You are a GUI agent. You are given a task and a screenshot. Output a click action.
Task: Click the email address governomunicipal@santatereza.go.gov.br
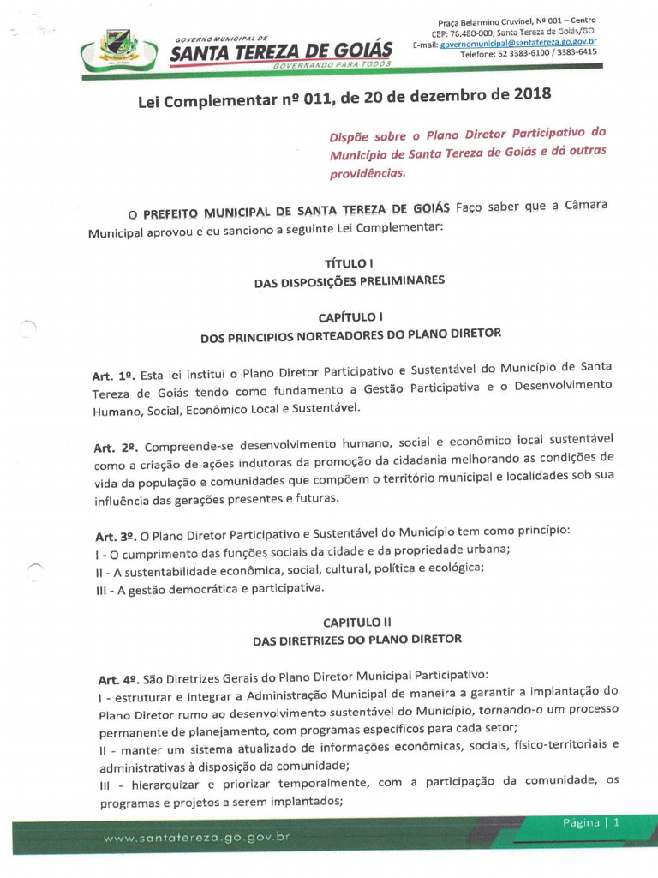[518, 43]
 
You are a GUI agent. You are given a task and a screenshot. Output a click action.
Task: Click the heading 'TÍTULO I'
[348, 263]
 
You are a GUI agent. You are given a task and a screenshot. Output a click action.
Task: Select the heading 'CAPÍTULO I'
[350, 317]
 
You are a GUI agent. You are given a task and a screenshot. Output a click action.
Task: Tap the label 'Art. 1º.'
[114, 376]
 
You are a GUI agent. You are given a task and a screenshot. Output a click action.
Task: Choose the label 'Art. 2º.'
[116, 448]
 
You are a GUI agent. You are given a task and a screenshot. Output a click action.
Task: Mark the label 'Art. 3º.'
[116, 536]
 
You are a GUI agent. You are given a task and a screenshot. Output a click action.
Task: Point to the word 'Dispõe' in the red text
[351, 138]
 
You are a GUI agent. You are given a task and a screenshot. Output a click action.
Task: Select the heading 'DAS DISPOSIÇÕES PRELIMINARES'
[350, 281]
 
